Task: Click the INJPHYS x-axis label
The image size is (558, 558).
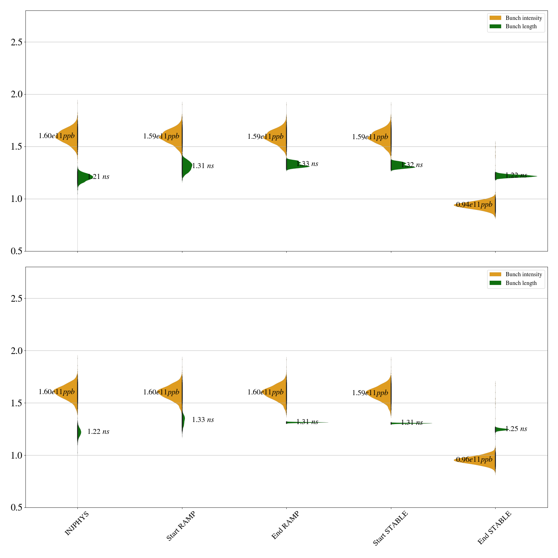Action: click(x=77, y=523)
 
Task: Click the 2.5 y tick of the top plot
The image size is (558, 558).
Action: click(x=16, y=42)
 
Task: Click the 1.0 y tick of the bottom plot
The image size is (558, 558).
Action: click(x=16, y=455)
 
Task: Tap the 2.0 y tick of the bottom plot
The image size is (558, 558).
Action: click(x=16, y=351)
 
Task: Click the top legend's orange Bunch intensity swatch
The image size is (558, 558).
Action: click(x=495, y=18)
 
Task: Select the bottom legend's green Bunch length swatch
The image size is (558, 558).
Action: click(x=495, y=283)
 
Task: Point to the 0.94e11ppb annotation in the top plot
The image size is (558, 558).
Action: click(x=474, y=204)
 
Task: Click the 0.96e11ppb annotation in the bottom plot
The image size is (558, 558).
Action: click(x=474, y=460)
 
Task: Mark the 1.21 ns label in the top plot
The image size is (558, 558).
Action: click(x=98, y=177)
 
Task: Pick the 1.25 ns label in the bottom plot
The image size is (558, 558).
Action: click(x=516, y=429)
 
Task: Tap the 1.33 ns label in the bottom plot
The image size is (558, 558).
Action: click(x=203, y=420)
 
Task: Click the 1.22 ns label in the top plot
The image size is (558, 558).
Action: click(x=516, y=175)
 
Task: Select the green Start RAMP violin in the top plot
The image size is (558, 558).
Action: click(x=186, y=166)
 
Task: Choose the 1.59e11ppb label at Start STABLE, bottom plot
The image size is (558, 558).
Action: click(x=370, y=393)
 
